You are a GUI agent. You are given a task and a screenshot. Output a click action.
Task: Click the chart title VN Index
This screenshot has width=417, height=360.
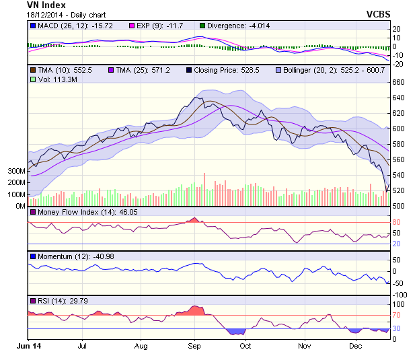point(46,5)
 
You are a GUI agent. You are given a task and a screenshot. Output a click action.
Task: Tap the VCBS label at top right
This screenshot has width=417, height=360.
point(379,13)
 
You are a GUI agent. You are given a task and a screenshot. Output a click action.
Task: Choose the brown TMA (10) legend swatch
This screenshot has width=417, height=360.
point(32,69)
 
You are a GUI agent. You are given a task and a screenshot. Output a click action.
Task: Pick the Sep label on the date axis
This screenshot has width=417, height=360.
point(194,346)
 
